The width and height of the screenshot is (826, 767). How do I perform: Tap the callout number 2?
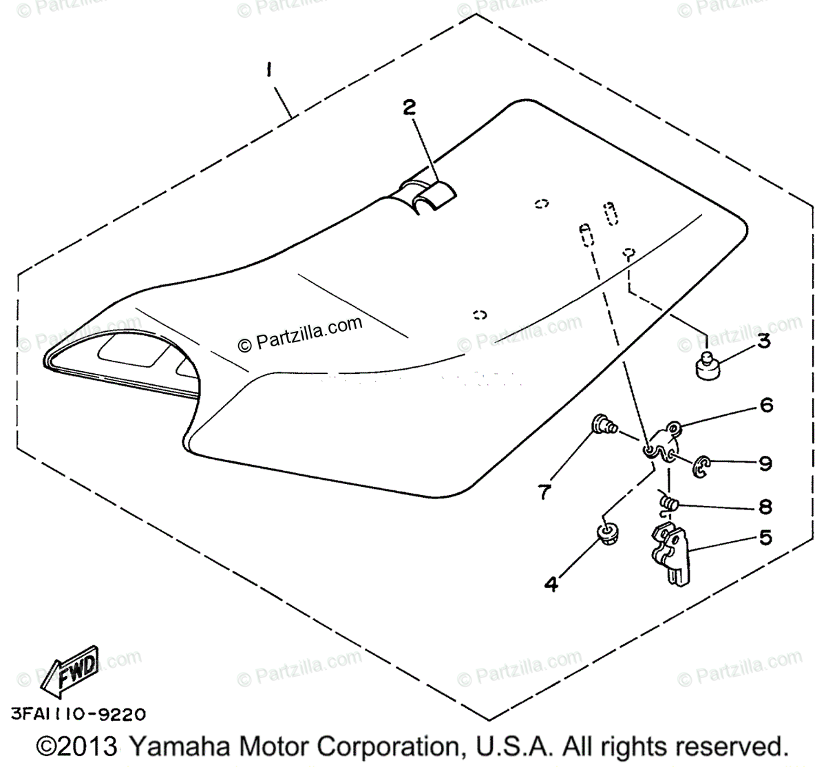click(x=410, y=107)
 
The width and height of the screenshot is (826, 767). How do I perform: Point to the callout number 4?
click(x=551, y=585)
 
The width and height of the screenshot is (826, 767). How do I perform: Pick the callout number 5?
click(x=765, y=538)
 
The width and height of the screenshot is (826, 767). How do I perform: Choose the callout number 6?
click(x=766, y=405)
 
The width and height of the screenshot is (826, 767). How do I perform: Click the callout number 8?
click(x=765, y=507)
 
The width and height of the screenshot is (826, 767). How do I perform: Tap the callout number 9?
click(x=765, y=463)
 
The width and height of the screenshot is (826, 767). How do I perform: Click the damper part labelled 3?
click(x=706, y=366)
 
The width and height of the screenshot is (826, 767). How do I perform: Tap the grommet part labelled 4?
click(x=606, y=534)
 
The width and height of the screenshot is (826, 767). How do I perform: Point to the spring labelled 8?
click(x=668, y=503)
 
